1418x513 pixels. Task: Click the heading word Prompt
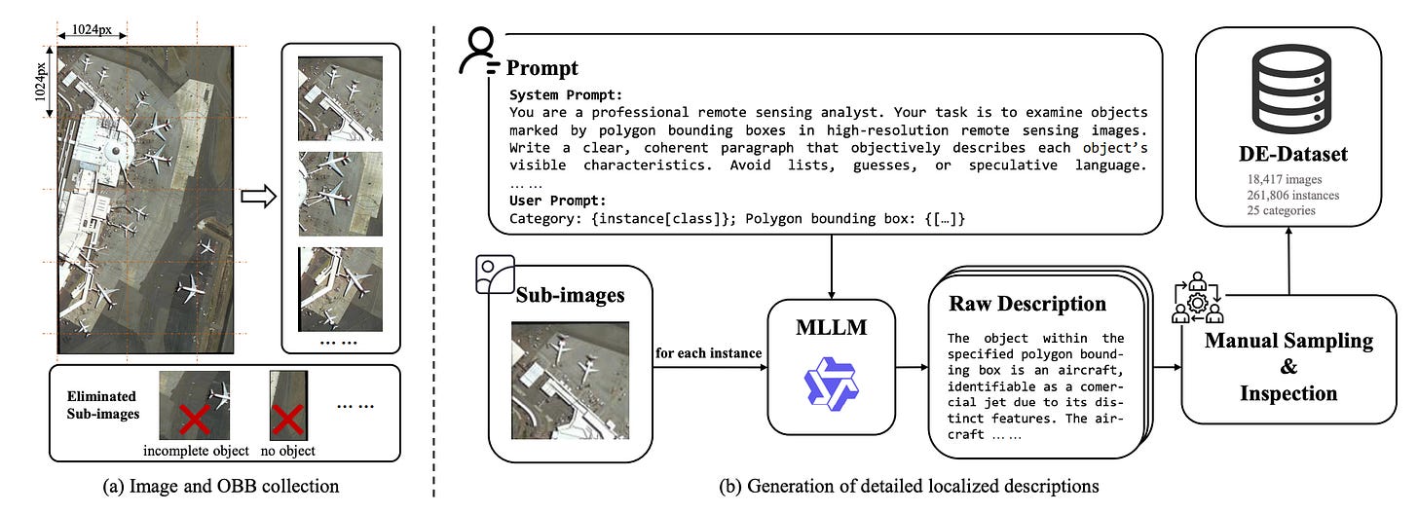pyautogui.click(x=541, y=67)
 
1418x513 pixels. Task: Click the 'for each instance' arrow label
pyautogui.click(x=707, y=352)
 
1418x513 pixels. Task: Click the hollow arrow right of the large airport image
pyautogui.click(x=256, y=196)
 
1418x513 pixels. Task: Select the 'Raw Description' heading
pyautogui.click(x=1026, y=303)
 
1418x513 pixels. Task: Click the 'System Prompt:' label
pyautogui.click(x=567, y=94)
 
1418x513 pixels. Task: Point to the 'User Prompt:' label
pyautogui.click(x=557, y=200)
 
